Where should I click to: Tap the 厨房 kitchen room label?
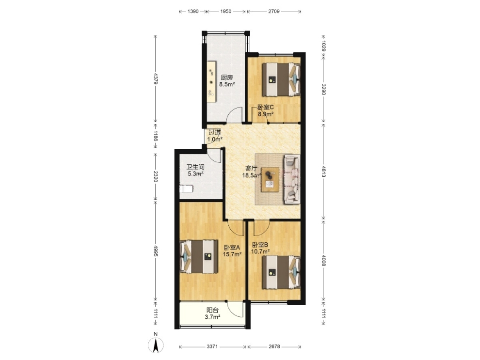227,78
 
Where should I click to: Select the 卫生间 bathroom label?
195,167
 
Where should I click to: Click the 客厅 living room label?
252,168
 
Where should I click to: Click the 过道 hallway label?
215,132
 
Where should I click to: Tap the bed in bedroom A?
199,257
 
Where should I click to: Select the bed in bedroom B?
281,272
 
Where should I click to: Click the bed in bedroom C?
281,79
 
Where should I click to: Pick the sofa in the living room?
292,179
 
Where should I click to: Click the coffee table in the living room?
270,180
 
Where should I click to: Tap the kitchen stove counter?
211,82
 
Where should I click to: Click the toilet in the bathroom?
186,188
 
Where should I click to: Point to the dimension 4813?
323,172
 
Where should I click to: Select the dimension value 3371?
212,346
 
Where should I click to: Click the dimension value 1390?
193,11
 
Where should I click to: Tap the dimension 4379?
156,78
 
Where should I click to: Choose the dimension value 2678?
274,346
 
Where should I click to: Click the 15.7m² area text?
232,254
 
